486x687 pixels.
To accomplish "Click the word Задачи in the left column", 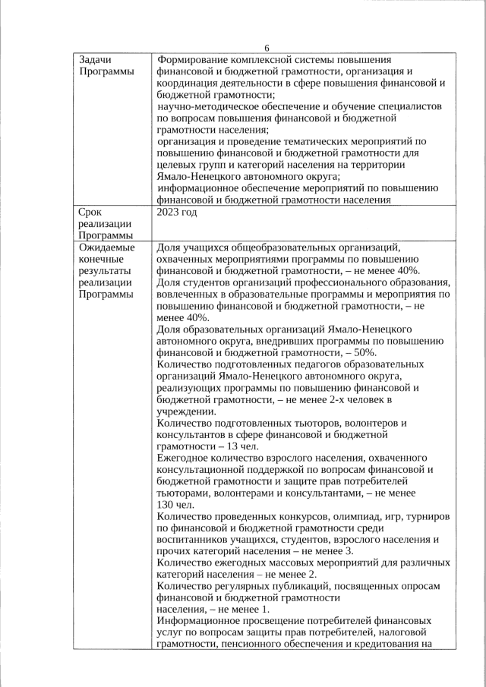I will [x=96, y=59].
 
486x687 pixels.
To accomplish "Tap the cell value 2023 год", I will [x=176, y=213].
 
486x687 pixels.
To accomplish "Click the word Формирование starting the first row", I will [x=194, y=59].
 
